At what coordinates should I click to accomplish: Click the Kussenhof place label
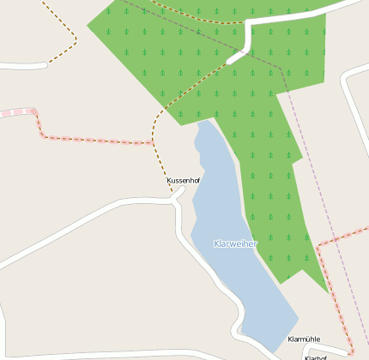pos(183,181)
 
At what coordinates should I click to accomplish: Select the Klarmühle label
pos(304,339)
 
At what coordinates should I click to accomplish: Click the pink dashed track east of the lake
pos(330,283)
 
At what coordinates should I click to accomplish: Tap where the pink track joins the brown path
pos(153,143)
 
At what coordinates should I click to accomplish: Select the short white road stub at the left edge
pos(21,65)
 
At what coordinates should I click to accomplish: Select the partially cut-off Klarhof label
pos(316,357)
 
